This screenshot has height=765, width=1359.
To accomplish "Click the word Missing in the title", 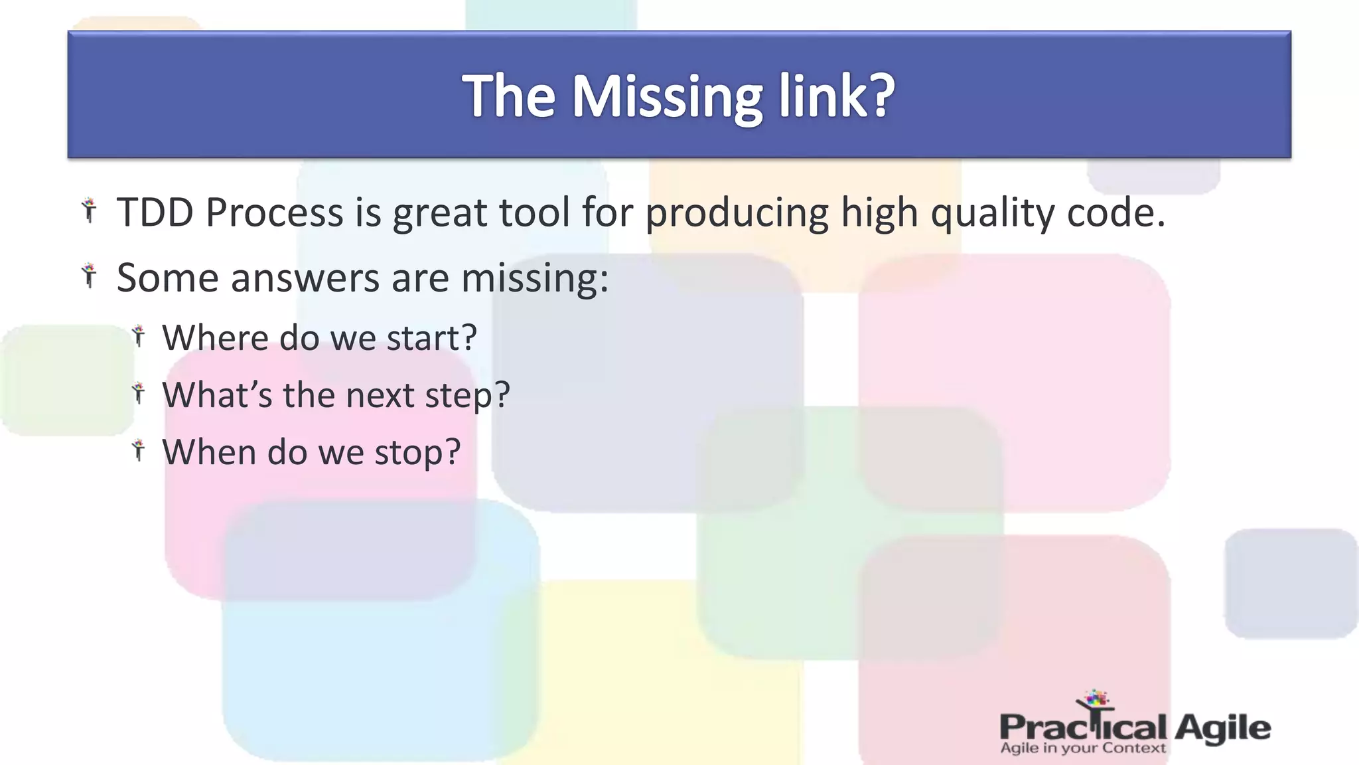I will point(668,97).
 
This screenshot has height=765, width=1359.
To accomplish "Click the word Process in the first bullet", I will point(274,212).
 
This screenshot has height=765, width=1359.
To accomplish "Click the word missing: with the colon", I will point(534,278).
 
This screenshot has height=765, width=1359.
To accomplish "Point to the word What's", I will point(217,394).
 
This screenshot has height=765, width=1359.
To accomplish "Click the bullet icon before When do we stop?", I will point(138,450).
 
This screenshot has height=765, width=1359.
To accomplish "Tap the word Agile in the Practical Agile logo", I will point(1222,728).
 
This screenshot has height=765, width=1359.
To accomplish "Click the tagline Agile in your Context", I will point(1082,748).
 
